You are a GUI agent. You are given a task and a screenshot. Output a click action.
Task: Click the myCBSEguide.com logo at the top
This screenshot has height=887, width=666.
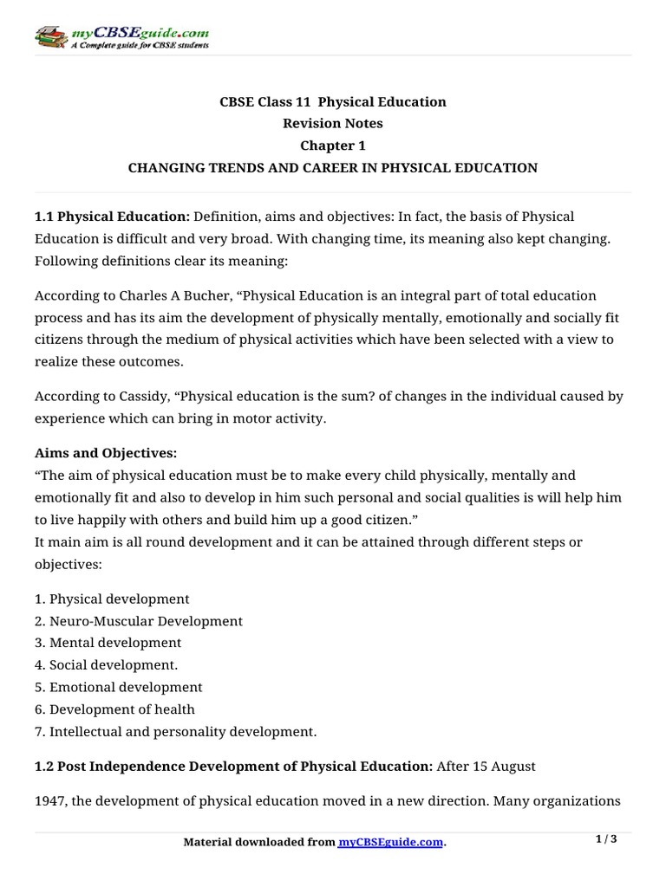[x=121, y=37]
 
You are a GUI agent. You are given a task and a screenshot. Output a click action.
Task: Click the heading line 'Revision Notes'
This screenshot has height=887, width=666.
[x=333, y=123]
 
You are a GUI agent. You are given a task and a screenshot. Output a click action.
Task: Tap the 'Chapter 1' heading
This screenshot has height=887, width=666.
[x=333, y=146]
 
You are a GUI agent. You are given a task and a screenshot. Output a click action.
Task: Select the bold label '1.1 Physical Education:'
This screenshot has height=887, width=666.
[x=112, y=216]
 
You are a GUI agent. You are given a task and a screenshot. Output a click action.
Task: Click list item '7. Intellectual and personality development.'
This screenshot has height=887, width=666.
[x=176, y=731]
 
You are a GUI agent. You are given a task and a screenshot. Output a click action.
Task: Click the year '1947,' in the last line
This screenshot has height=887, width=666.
[x=51, y=800]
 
